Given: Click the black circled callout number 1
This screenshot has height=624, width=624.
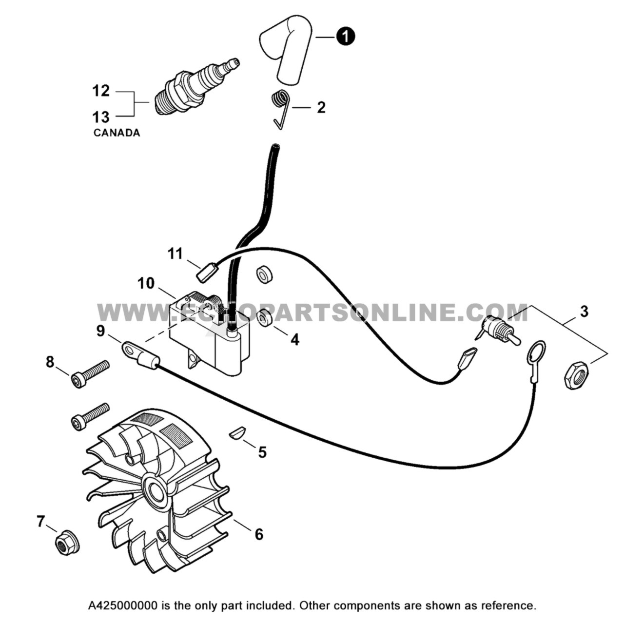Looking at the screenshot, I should tap(346, 37).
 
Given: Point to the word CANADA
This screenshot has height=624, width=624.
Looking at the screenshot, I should tap(117, 133).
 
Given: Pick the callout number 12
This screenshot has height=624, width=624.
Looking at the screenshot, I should tap(101, 91).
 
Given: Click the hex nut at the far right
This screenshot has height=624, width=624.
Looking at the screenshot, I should tap(576, 376).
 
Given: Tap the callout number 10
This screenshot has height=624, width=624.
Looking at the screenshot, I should tap(146, 283).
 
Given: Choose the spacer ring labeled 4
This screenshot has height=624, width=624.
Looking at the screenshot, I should tap(265, 318).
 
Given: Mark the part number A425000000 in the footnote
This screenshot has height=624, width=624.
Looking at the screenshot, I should tap(123, 606).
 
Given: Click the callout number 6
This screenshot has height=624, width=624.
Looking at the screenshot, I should tap(259, 534).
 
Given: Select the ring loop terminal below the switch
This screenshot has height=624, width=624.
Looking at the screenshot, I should tap(535, 352).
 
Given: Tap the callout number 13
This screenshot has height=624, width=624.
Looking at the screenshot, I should tap(101, 117).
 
